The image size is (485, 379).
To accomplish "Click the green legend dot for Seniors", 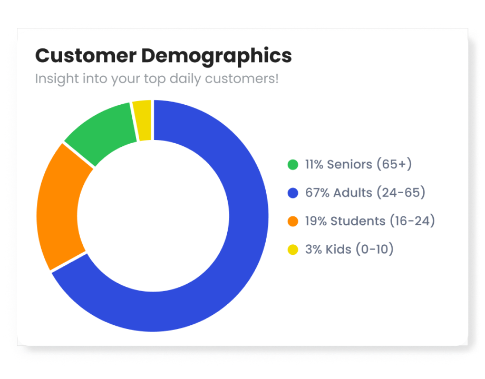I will click(293, 165).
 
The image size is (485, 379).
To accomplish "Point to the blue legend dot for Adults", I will click(293, 193).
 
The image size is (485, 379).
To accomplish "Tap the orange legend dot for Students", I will click(293, 222).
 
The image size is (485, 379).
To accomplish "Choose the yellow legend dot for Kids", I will click(293, 250).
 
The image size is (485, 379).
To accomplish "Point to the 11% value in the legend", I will click(314, 164).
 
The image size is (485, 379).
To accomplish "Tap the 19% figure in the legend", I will click(315, 221).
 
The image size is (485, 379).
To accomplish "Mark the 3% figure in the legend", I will click(313, 249).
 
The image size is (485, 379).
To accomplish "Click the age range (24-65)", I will click(401, 193).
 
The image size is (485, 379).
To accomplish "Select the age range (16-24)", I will click(412, 221).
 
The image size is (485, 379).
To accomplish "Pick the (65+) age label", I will click(394, 164).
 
